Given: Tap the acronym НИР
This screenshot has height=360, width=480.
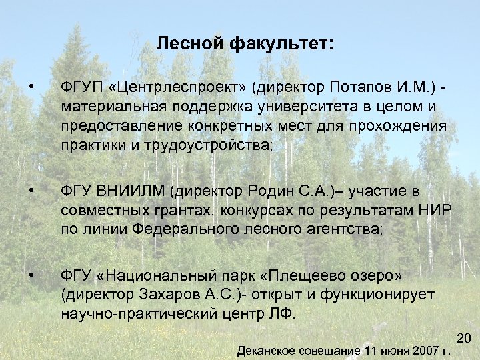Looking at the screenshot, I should pos(436,211).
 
